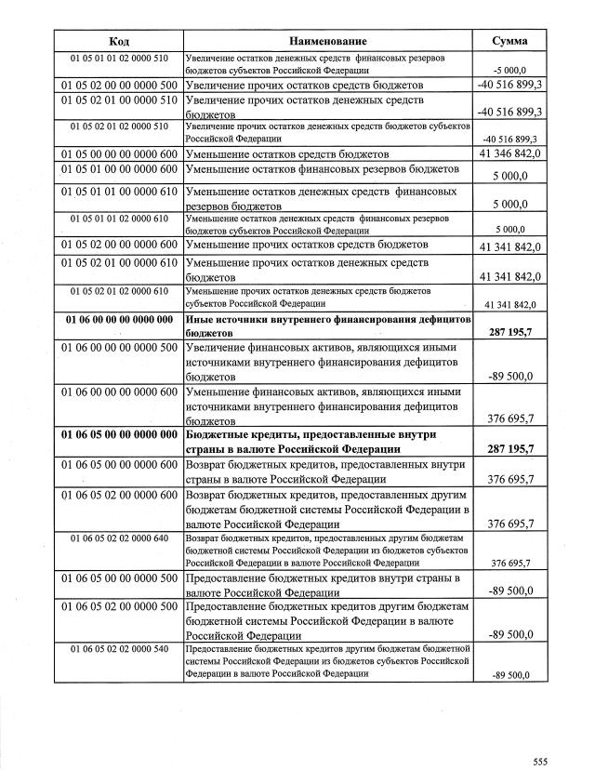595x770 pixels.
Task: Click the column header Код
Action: pyautogui.click(x=119, y=41)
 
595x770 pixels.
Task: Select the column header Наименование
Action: pyautogui.click(x=328, y=41)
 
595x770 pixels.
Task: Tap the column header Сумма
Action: pyautogui.click(x=510, y=41)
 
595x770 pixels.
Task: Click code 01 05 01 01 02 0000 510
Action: pyautogui.click(x=119, y=59)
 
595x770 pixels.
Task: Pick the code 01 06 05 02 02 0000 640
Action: pyautogui.click(x=119, y=538)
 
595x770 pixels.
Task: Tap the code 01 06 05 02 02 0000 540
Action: pyautogui.click(x=119, y=648)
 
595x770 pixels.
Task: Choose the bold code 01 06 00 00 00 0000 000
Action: pyautogui.click(x=119, y=320)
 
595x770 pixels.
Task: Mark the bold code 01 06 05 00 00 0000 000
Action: pyautogui.click(x=119, y=434)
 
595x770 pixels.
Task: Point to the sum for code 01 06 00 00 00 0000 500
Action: pyautogui.click(x=510, y=377)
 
